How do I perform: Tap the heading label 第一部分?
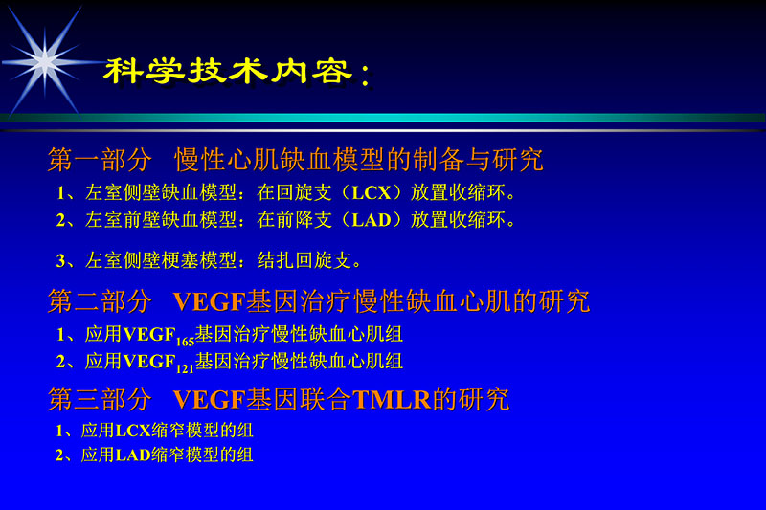coord(100,159)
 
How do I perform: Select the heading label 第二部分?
coord(100,302)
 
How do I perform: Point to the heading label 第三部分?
coord(100,399)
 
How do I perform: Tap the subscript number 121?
coord(184,366)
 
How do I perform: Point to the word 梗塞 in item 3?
coord(170,260)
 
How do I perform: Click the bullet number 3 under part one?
coord(60,260)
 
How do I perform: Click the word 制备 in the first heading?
coord(443,159)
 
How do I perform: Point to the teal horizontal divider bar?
coord(383,119)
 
